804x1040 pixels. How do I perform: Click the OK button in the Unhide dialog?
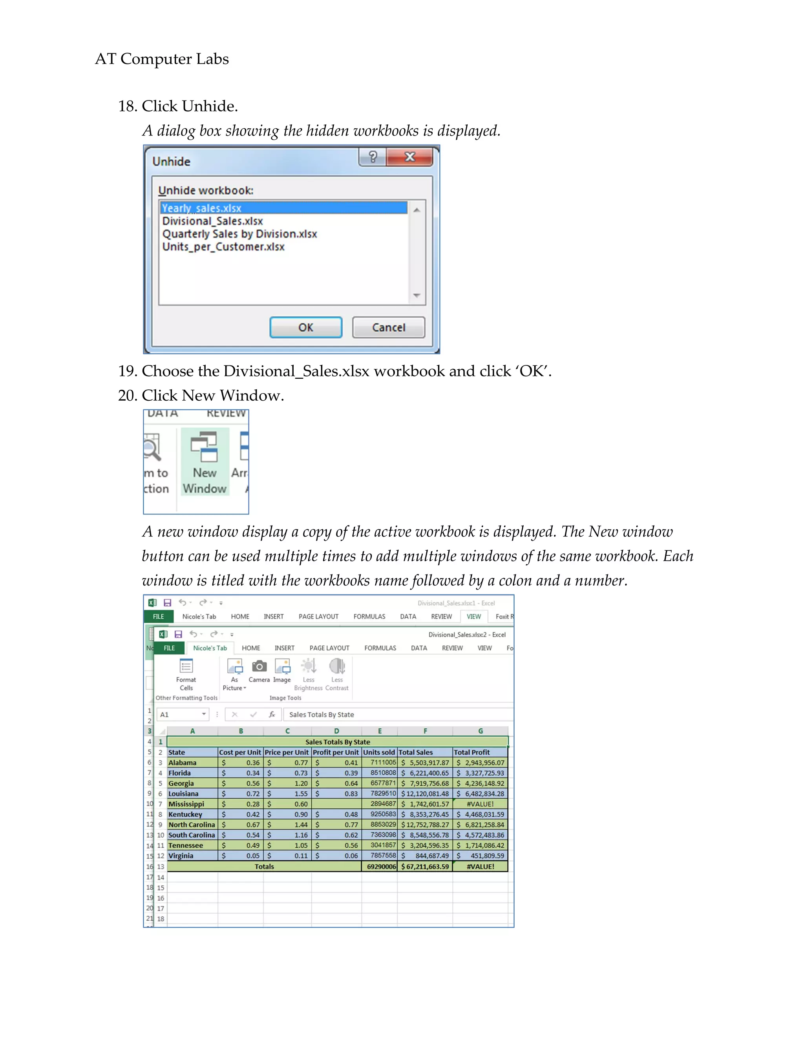tap(306, 328)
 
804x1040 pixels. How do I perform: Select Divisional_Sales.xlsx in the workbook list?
tap(212, 221)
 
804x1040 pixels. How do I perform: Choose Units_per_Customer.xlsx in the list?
tap(223, 247)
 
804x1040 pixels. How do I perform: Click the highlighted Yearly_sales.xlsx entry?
tap(201, 208)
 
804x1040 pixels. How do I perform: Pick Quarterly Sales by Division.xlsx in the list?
tap(239, 234)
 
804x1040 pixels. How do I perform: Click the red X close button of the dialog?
tap(409, 157)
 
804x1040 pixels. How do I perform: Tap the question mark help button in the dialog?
tap(373, 157)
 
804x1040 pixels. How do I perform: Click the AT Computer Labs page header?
tap(162, 58)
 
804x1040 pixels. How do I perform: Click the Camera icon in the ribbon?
tap(259, 670)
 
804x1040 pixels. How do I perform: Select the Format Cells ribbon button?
tap(186, 674)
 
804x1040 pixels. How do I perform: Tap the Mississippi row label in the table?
tap(186, 804)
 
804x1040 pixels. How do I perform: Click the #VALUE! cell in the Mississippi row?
tap(480, 804)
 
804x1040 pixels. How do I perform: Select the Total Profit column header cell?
tap(480, 752)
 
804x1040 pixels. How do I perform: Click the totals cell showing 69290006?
tap(380, 867)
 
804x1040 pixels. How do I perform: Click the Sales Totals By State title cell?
tap(337, 742)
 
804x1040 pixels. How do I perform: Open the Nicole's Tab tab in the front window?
tap(210, 648)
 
